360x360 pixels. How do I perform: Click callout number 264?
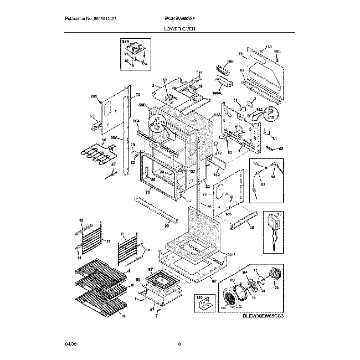tap(136, 121)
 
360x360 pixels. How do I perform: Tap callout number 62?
tap(280, 148)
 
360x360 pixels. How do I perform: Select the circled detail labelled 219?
tap(271, 115)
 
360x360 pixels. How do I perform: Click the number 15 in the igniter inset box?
tap(279, 214)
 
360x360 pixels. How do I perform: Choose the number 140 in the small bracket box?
tap(198, 297)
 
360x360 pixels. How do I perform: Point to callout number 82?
tap(213, 281)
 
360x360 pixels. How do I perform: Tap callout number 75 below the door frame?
tap(148, 192)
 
